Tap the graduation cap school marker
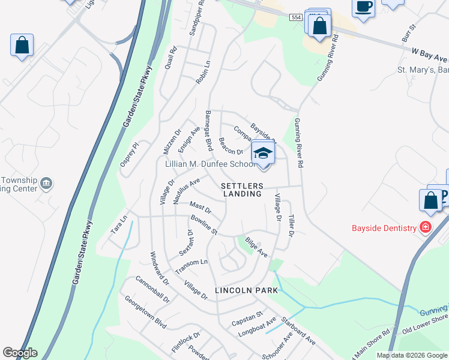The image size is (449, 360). [262, 154]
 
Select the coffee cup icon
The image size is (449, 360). [364, 8]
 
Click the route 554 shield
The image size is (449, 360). [295, 18]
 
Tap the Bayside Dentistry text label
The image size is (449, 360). [384, 228]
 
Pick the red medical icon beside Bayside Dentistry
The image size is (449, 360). [426, 227]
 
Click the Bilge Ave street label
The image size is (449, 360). [256, 249]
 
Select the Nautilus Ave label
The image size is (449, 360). [186, 190]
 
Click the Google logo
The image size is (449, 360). [20, 353]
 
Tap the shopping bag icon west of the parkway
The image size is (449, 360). [22, 46]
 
